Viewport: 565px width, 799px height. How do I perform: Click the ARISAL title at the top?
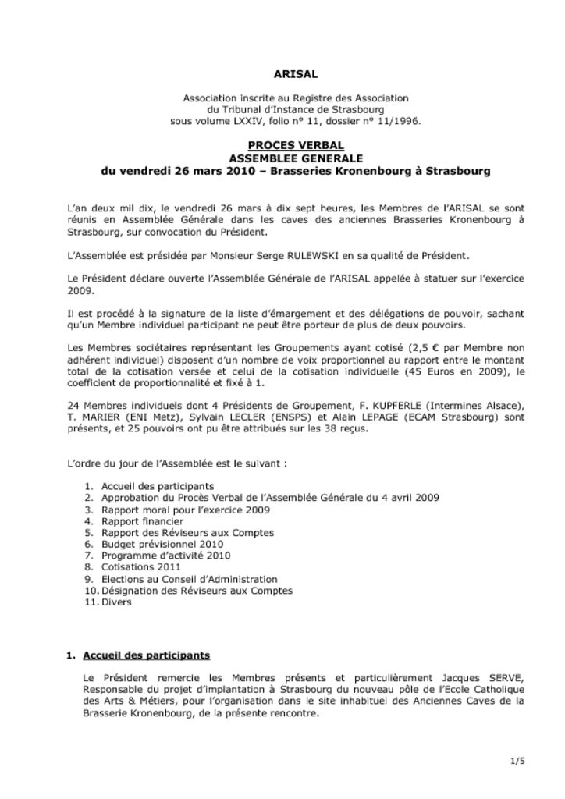(x=296, y=75)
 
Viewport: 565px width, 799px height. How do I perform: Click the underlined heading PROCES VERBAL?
(x=296, y=146)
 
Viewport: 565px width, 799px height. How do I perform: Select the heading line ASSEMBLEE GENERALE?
(x=296, y=158)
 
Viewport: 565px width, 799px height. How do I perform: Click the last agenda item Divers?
(x=116, y=602)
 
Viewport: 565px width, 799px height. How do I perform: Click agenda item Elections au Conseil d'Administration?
(x=190, y=579)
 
